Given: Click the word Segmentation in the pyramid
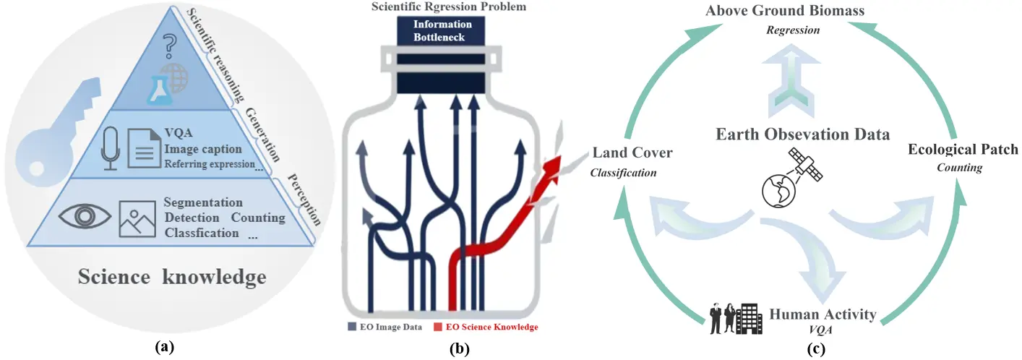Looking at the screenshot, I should click(203, 202).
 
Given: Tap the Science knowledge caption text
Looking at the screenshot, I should click(172, 277).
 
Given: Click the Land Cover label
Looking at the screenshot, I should click(632, 153).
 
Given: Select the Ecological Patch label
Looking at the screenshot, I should click(963, 150).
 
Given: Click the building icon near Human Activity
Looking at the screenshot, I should click(749, 319).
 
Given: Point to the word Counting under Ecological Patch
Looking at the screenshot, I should click(959, 168).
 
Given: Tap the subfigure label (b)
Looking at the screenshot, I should click(459, 348).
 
